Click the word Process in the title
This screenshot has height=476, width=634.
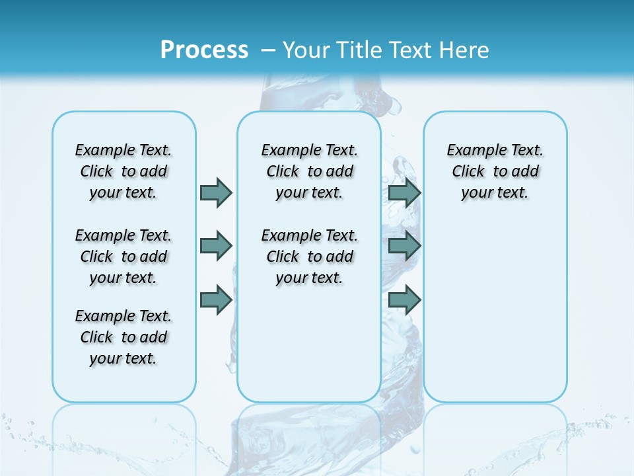coord(204,50)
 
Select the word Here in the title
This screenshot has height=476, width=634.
coord(464,50)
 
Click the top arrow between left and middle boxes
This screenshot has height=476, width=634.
coord(215,192)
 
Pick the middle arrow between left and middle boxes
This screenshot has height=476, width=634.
coord(215,246)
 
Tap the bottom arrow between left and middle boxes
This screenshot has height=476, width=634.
coord(215,299)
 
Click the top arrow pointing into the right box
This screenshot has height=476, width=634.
coord(404,192)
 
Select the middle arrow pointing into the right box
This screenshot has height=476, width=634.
coord(404,246)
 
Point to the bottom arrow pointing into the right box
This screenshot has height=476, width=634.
coord(404,299)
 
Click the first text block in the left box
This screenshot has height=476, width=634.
coord(123,171)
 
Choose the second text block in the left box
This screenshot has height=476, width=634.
coord(123,257)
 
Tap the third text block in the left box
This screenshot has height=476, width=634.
coord(123,337)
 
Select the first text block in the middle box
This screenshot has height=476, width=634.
coord(309,171)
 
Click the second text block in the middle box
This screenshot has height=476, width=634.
coord(309,257)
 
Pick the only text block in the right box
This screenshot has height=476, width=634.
coord(495,171)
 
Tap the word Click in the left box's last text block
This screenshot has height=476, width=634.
coord(96,337)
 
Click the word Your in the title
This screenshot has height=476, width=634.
coord(305,50)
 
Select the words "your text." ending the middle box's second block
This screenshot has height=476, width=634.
coord(309,278)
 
